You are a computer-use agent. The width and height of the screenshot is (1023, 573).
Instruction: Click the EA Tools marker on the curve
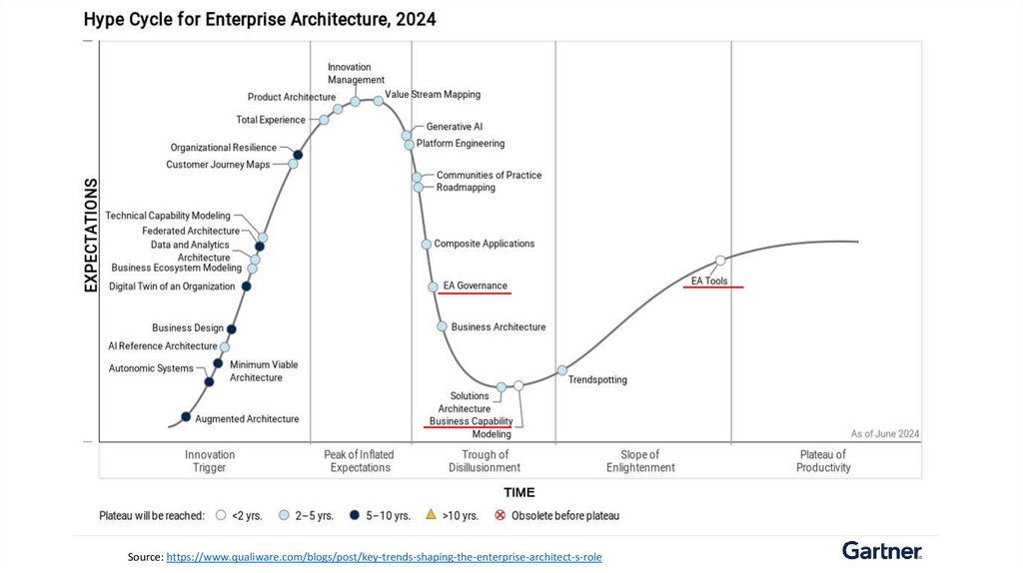720,262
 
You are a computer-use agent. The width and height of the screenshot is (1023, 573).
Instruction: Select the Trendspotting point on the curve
561,370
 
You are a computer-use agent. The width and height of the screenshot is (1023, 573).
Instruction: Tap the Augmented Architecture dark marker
186,416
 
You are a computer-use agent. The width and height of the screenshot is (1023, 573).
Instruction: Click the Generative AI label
454,127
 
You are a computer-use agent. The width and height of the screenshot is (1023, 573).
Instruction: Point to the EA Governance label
475,286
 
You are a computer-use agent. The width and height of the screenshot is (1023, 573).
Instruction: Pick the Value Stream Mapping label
433,95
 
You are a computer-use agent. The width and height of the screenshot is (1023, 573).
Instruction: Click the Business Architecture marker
442,326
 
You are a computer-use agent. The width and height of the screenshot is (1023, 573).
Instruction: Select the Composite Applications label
484,244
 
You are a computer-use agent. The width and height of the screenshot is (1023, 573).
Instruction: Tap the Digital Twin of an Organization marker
247,286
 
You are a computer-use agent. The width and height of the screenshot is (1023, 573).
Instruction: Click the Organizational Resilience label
223,148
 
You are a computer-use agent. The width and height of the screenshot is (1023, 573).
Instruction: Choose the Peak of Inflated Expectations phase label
360,461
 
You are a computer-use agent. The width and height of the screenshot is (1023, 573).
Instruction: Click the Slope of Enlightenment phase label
640,461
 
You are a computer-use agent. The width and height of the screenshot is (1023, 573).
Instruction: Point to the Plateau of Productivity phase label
823,461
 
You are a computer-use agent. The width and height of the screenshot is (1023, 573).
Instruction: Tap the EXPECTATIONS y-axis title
91,236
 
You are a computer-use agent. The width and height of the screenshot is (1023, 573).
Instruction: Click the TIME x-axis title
518,492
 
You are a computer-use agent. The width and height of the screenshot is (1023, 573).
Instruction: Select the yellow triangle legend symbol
431,515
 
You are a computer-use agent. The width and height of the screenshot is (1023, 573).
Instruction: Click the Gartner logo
881,551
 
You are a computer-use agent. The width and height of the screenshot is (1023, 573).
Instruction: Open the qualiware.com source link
384,556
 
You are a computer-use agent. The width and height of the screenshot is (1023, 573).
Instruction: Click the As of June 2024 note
885,433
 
